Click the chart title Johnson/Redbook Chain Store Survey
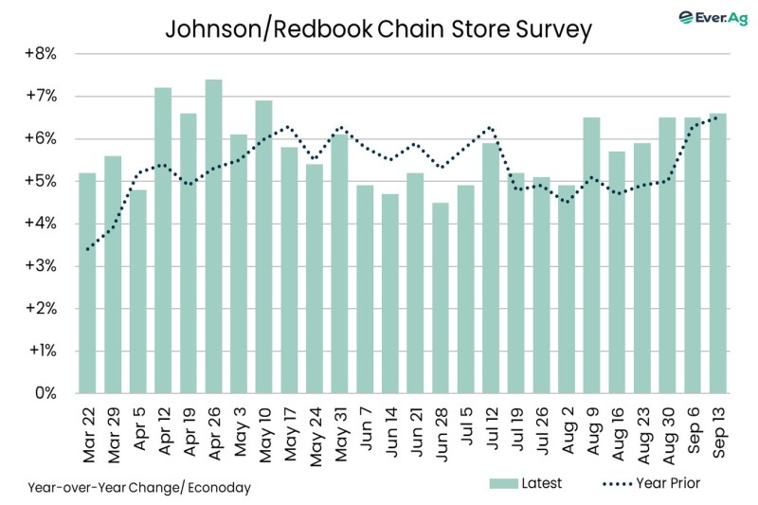(378, 28)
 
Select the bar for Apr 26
(213, 236)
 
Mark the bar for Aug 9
(591, 255)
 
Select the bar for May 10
(263, 246)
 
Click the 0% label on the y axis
(45, 393)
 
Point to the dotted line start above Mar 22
(87, 249)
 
